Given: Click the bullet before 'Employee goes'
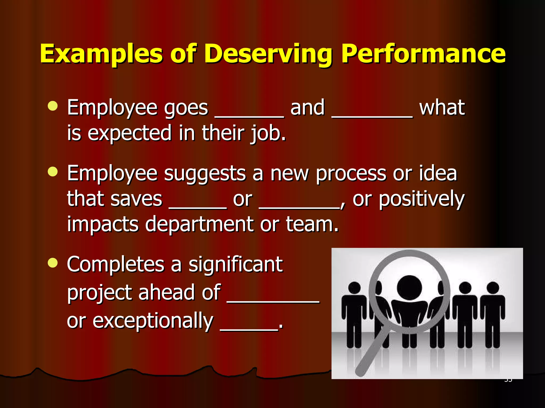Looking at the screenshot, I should [x=53, y=106].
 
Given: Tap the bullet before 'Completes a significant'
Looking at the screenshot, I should [x=53, y=263].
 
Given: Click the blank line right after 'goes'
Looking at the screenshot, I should [x=249, y=116].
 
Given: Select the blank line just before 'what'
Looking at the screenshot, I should [x=372, y=116].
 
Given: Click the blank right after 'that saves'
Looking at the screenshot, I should [x=198, y=207].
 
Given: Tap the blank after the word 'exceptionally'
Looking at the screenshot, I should [x=249, y=329].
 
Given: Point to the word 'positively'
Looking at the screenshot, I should [x=422, y=199].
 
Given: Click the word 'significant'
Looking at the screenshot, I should [x=236, y=265].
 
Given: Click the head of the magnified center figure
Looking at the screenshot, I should [x=409, y=288].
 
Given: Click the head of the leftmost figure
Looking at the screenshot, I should [x=354, y=288].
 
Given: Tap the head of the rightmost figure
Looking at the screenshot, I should [x=493, y=288].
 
